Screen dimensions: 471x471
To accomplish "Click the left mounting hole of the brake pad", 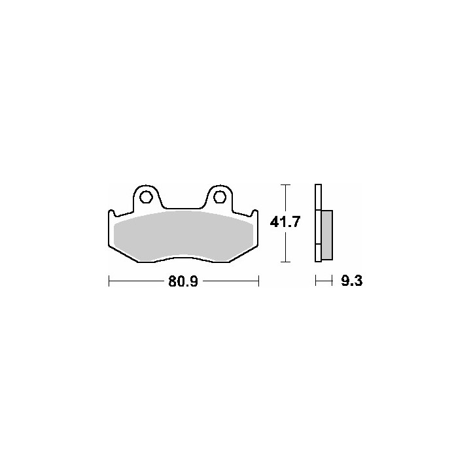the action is pos(147,196).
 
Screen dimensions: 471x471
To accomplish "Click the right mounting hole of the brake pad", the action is pos(219,196).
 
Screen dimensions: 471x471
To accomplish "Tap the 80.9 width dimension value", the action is pos(183,281).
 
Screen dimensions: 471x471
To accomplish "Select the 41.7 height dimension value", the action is pos(285,222).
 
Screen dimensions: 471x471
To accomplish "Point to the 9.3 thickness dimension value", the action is pos(352,281).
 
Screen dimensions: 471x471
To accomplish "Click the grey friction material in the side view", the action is pos(327,235).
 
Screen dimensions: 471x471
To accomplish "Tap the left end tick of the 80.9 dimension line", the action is pos(109,281).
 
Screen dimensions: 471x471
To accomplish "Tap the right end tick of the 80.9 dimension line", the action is pos(258,281).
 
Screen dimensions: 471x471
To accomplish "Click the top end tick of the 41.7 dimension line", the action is pos(285,184).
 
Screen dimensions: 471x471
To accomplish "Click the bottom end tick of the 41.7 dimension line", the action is pos(285,262).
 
